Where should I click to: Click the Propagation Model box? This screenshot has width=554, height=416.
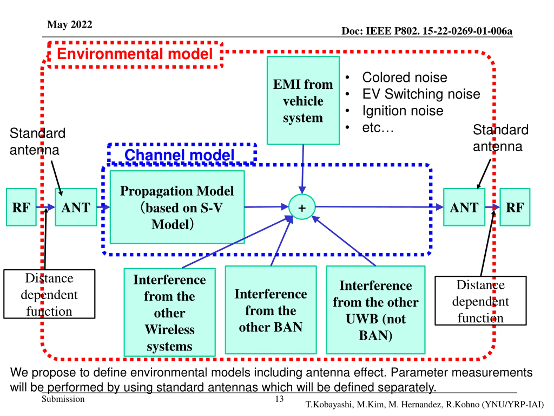click(x=177, y=207)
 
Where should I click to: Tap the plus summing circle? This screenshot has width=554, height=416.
click(x=302, y=207)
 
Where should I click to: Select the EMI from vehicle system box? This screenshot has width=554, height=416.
click(x=303, y=100)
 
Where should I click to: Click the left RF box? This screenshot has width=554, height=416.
click(x=21, y=207)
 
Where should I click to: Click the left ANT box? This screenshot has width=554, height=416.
click(x=76, y=207)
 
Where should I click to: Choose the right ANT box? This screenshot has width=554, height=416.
click(x=464, y=207)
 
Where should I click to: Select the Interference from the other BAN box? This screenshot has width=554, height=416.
click(x=271, y=310)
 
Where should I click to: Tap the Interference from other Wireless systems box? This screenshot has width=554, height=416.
click(x=170, y=312)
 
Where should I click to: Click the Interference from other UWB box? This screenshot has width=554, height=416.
click(x=375, y=310)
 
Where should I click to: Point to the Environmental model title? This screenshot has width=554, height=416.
click(x=135, y=54)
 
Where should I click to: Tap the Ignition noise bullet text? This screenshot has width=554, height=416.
click(x=403, y=111)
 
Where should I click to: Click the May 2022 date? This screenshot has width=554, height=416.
click(x=70, y=24)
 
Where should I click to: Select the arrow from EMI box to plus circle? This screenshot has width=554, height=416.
click(x=303, y=169)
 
